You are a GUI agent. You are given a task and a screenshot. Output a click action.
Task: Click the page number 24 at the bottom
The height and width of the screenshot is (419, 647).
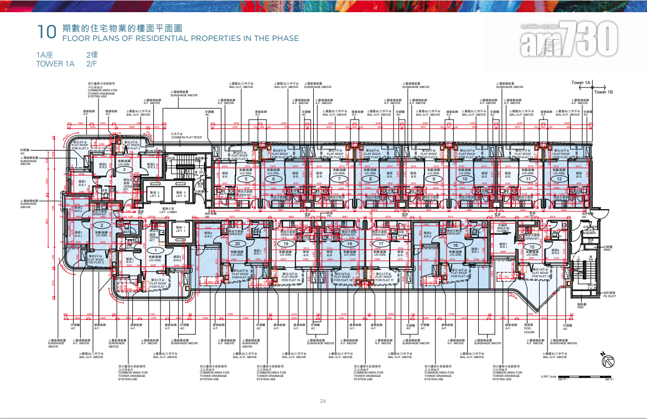pos(323,401)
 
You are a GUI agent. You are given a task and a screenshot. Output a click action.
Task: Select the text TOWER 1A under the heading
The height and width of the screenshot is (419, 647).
pos(55,64)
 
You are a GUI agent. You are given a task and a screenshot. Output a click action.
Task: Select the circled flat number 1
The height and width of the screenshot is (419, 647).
pos(156,250)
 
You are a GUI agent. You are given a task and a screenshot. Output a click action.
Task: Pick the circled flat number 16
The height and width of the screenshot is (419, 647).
pos(455,245)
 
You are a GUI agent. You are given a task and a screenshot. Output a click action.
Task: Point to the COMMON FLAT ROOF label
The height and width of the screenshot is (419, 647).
pos(187,136)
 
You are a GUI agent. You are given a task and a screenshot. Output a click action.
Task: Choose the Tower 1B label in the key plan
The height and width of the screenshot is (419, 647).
pos(603,92)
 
